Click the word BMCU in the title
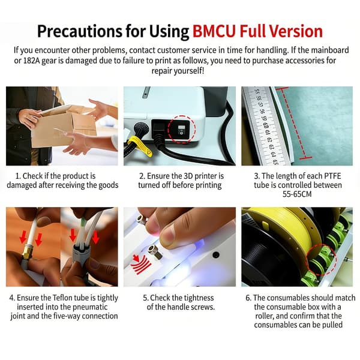pos(214,31)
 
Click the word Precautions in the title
pos(80,31)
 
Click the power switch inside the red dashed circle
pos(181,130)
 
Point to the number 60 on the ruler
pos(266,126)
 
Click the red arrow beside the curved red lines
pos(136,259)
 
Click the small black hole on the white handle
pos(216,254)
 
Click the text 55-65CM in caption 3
pos(297,194)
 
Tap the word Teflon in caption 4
pos(63,298)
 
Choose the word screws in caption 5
pos(202,307)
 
